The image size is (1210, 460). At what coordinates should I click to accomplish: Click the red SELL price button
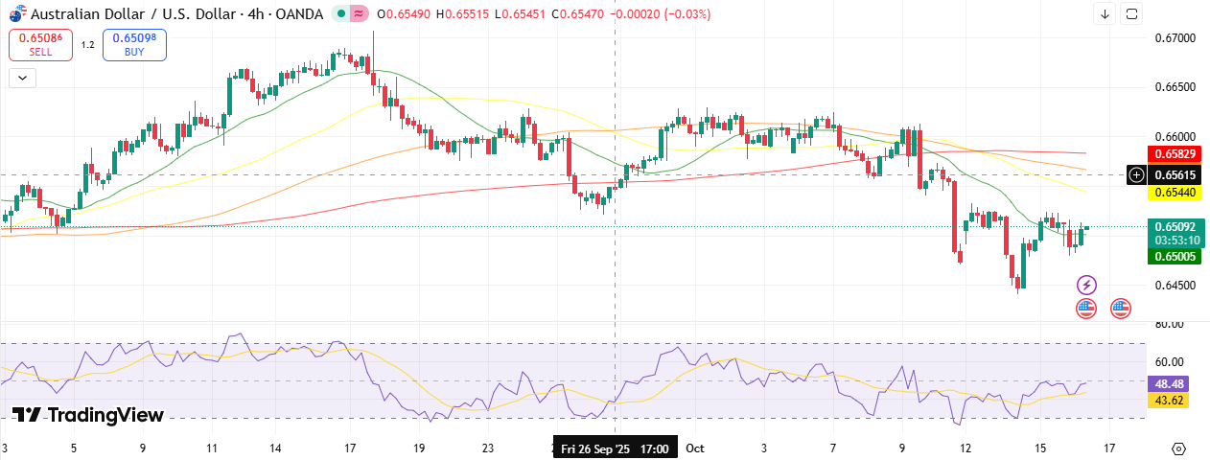tap(40, 44)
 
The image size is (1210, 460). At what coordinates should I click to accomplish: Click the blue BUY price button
tap(134, 44)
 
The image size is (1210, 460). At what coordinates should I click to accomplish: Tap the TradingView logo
tap(87, 415)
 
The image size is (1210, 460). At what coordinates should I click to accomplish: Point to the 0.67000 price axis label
tap(1175, 38)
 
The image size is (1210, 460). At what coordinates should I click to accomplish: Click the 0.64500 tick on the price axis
tap(1175, 286)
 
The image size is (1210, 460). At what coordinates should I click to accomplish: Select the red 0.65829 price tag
tap(1175, 153)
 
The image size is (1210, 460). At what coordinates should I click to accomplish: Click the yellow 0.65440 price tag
tap(1175, 193)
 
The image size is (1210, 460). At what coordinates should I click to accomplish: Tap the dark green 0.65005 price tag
tap(1175, 257)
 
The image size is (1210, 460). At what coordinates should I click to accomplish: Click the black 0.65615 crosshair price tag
tap(1175, 174)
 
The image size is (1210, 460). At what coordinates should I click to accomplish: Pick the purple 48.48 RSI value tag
tap(1168, 382)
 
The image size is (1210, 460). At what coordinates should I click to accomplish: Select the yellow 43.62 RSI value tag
tap(1168, 401)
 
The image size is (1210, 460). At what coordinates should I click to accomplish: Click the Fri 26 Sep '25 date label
tap(615, 448)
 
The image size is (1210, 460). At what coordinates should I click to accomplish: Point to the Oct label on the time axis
tap(695, 448)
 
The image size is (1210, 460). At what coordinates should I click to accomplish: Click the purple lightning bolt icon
tap(1086, 285)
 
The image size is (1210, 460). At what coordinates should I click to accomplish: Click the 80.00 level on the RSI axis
tap(1169, 324)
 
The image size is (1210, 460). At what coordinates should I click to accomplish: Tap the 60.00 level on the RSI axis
tap(1169, 362)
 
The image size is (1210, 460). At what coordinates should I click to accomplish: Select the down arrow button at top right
tap(1105, 13)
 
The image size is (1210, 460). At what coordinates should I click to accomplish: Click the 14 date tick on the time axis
tap(275, 448)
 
